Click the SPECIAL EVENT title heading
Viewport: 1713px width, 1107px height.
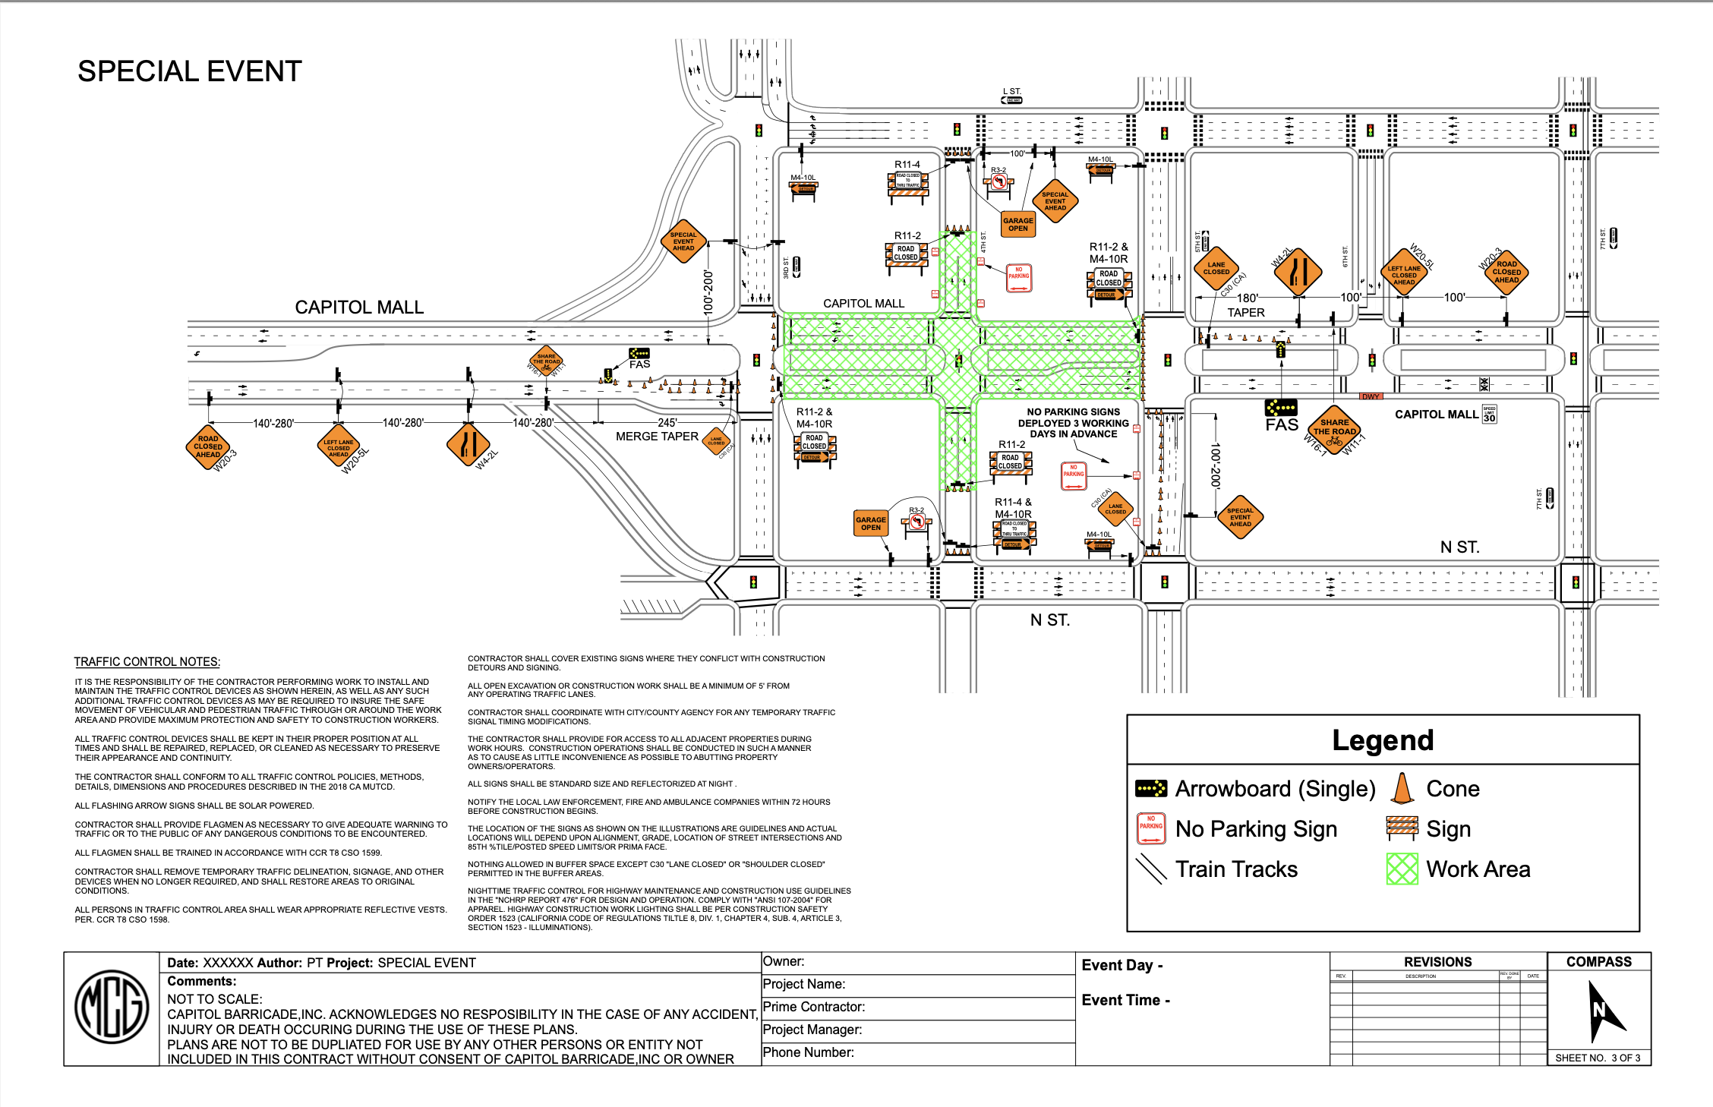(x=190, y=71)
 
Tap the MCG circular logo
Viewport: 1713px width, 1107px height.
(x=112, y=1007)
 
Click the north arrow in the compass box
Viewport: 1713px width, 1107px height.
(x=1603, y=1010)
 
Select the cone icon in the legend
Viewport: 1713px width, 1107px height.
(x=1402, y=788)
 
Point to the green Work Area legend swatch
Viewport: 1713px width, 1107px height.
(x=1402, y=869)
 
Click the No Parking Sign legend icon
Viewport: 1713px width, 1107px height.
(x=1151, y=828)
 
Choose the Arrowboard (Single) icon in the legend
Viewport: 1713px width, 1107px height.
(x=1151, y=789)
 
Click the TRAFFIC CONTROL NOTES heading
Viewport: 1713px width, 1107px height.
(x=147, y=662)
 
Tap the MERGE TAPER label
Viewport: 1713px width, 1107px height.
(x=657, y=437)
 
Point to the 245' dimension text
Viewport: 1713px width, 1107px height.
(x=667, y=423)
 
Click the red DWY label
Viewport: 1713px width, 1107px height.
(x=1371, y=396)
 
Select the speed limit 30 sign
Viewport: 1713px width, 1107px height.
(x=1489, y=414)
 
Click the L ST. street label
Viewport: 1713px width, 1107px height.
(x=1012, y=91)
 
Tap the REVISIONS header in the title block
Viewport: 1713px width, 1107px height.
(x=1437, y=962)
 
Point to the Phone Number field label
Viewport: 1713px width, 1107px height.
(x=808, y=1052)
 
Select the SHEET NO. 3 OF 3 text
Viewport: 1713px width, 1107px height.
(x=1598, y=1058)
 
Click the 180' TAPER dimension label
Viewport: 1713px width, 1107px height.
(x=1246, y=305)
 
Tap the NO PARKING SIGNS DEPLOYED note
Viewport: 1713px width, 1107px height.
(x=1073, y=423)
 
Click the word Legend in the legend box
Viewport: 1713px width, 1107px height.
(x=1383, y=740)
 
